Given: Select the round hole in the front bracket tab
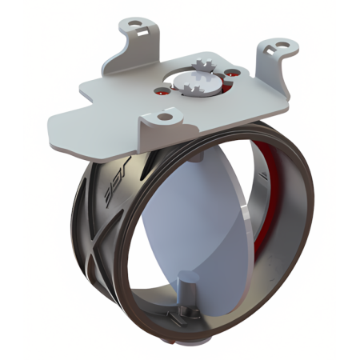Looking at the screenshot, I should tap(165, 117).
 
